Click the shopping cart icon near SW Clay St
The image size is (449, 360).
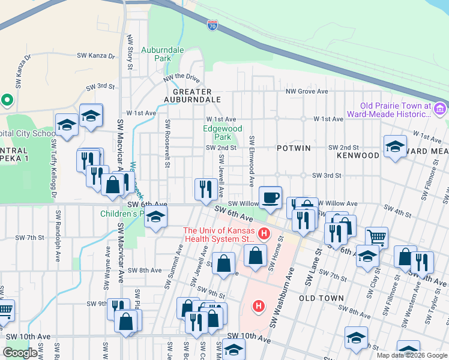376,238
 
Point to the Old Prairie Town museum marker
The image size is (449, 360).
440,109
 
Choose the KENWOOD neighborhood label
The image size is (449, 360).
358,155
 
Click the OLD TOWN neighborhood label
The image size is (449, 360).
321,298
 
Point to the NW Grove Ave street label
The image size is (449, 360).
307,91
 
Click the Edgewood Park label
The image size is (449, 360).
222,133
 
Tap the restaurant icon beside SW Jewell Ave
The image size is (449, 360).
206,188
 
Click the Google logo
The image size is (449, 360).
20,353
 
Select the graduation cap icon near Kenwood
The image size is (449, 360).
395,146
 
